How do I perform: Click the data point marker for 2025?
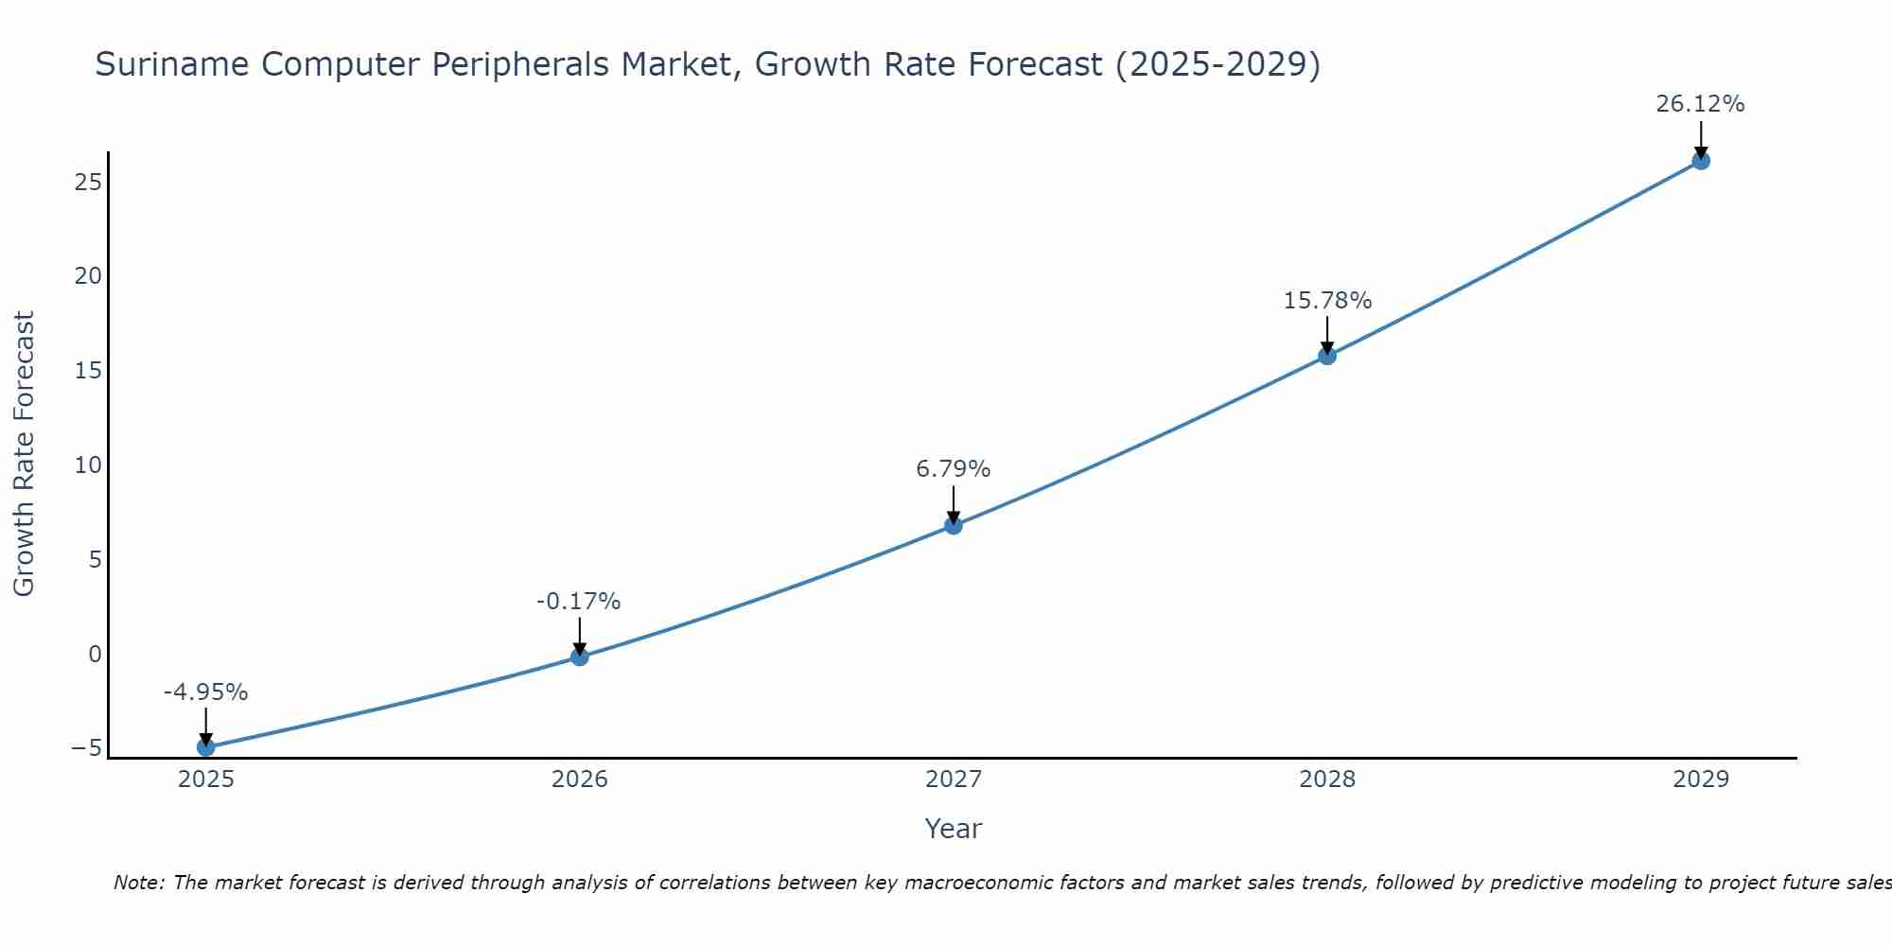[206, 747]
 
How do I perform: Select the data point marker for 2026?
[580, 657]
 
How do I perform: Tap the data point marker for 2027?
[954, 525]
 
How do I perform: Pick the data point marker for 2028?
[1327, 356]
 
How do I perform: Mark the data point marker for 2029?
[1701, 161]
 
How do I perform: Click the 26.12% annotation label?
[1700, 104]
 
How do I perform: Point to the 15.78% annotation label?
[1327, 301]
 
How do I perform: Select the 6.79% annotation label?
[954, 469]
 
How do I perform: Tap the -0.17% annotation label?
[579, 602]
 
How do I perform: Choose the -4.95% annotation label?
[205, 692]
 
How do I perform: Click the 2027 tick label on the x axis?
[954, 780]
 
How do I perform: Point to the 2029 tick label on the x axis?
[1701, 780]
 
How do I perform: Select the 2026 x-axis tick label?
[580, 780]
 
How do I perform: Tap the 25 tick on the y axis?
[88, 182]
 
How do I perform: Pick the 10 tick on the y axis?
[88, 464]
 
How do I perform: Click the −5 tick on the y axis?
[86, 748]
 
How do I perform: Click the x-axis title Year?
[954, 829]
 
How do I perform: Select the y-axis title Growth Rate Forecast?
[24, 454]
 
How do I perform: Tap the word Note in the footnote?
[139, 883]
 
